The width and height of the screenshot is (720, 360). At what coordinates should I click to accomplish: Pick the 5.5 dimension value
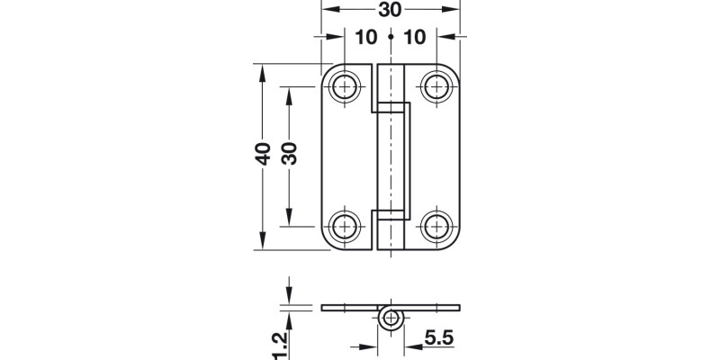pyautogui.click(x=437, y=339)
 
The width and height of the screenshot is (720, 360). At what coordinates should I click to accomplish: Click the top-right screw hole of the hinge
pyautogui.click(x=436, y=87)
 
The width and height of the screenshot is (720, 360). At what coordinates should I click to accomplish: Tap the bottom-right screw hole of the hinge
pyautogui.click(x=436, y=225)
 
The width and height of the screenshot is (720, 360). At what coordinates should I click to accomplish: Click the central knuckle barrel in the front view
pyautogui.click(x=391, y=157)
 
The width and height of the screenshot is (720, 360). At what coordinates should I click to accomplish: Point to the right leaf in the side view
pyautogui.click(x=432, y=308)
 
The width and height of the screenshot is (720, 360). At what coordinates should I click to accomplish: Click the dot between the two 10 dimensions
pyautogui.click(x=391, y=38)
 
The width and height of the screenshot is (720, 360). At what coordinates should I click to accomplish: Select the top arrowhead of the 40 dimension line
pyautogui.click(x=262, y=69)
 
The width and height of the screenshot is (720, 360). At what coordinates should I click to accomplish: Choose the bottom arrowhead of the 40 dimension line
pyautogui.click(x=262, y=244)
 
